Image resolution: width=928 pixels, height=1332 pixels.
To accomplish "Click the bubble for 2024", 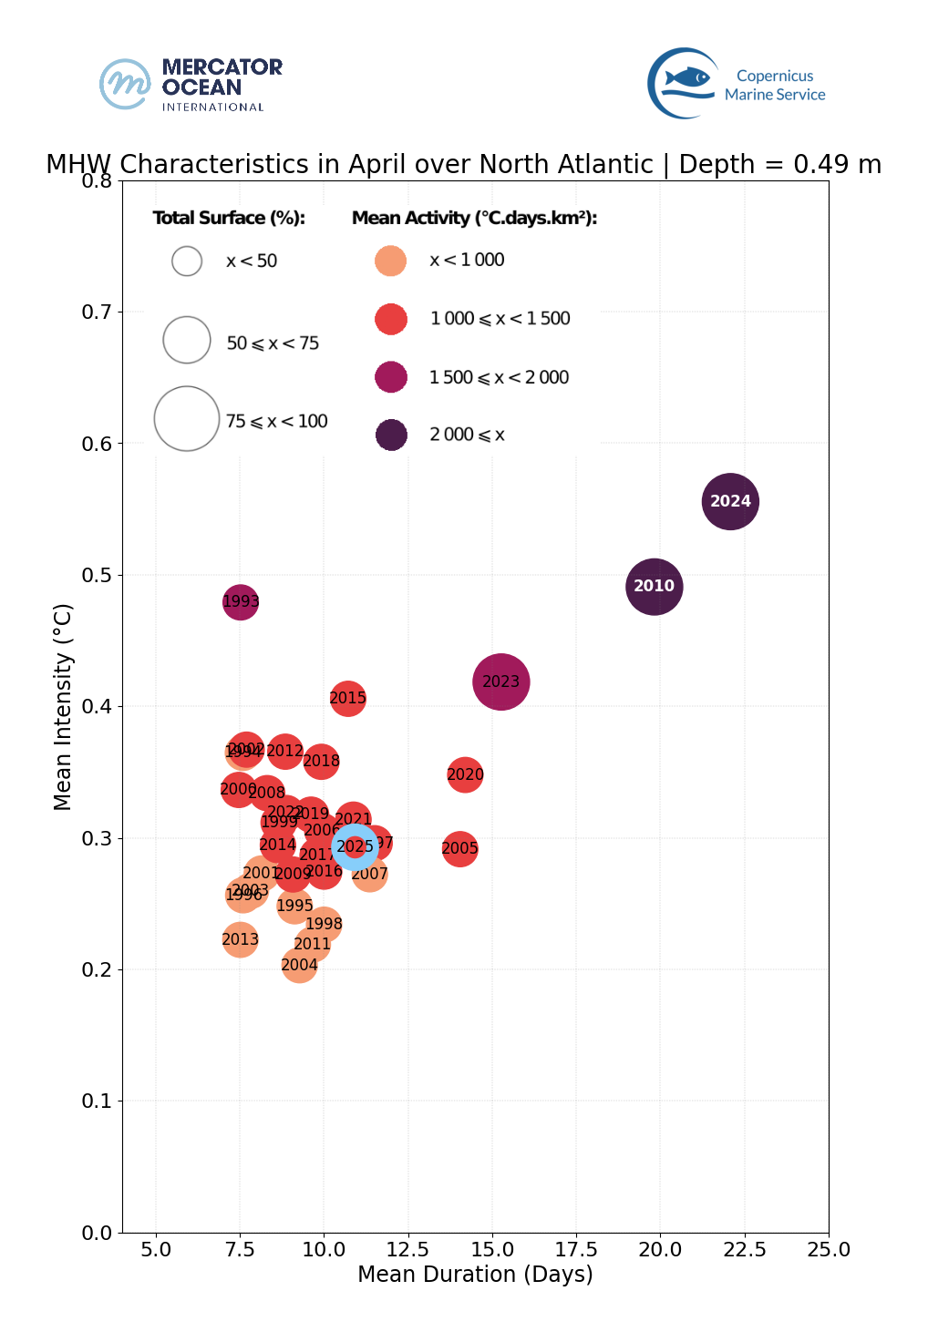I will [x=730, y=501].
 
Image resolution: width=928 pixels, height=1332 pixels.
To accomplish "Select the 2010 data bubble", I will [x=654, y=586].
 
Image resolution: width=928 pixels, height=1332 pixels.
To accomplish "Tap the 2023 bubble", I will [x=500, y=681].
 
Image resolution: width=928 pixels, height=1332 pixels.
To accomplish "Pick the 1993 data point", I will [x=240, y=601].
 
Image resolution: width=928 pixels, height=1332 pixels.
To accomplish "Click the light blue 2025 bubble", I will [x=355, y=846].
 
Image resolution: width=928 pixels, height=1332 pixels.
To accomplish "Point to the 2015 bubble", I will [x=347, y=699].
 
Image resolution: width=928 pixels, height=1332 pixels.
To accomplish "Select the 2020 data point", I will [x=465, y=774].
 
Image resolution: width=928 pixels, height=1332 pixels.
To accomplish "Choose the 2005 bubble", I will [x=459, y=849].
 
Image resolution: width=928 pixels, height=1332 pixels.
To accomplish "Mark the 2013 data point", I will [x=240, y=939].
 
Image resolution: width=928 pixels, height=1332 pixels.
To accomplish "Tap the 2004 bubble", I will [x=299, y=965].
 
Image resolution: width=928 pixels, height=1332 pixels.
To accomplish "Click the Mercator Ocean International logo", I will [x=191, y=85].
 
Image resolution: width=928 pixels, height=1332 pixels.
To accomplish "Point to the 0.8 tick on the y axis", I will [x=97, y=180].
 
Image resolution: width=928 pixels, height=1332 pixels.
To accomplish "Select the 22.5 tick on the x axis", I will [x=744, y=1249].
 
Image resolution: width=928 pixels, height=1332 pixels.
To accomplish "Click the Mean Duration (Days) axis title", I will [x=475, y=1274].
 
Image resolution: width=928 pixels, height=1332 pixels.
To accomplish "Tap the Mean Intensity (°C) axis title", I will [x=62, y=706].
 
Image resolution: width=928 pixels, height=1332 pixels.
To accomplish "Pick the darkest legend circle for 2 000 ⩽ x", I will [x=391, y=435].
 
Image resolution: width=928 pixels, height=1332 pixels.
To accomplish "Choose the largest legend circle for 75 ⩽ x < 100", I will [x=187, y=419].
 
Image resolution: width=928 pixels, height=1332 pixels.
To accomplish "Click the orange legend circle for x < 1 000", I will [x=391, y=261].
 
